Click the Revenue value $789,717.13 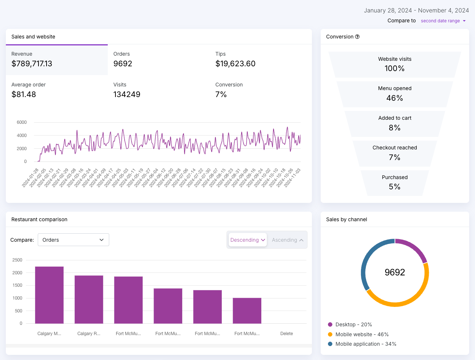click(32, 64)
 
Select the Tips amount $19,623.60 click(235, 64)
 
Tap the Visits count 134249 click(127, 94)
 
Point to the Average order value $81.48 click(23, 94)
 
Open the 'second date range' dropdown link click(443, 21)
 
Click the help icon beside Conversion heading click(357, 37)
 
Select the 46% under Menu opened click(394, 98)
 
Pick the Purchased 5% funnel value click(394, 187)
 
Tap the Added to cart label click(395, 118)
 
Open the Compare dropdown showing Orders click(73, 240)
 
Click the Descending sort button click(247, 240)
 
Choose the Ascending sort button click(287, 240)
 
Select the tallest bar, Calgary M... click(49, 295)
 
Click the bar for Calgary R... click(89, 300)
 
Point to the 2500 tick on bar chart click(17, 260)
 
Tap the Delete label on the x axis click(287, 333)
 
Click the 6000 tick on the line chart click(22, 122)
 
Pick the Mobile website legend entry click(358, 334)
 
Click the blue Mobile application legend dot click(330, 344)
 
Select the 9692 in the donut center click(395, 272)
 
